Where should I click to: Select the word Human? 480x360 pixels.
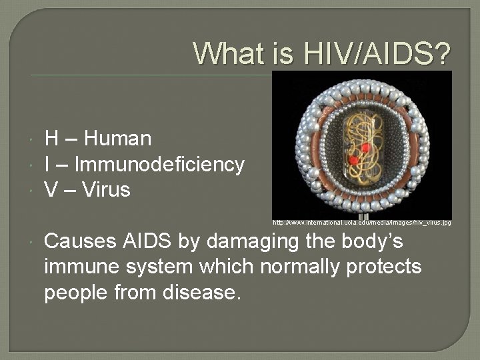(x=118, y=139)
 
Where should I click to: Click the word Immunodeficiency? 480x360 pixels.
(x=159, y=164)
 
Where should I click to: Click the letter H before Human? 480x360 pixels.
(x=51, y=139)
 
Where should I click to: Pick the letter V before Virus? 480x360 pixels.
(x=51, y=190)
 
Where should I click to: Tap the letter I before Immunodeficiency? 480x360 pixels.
(x=47, y=164)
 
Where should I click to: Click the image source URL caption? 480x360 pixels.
(x=361, y=222)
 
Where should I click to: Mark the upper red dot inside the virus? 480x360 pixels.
(x=365, y=147)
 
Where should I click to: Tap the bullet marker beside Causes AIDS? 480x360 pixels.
(x=33, y=241)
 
